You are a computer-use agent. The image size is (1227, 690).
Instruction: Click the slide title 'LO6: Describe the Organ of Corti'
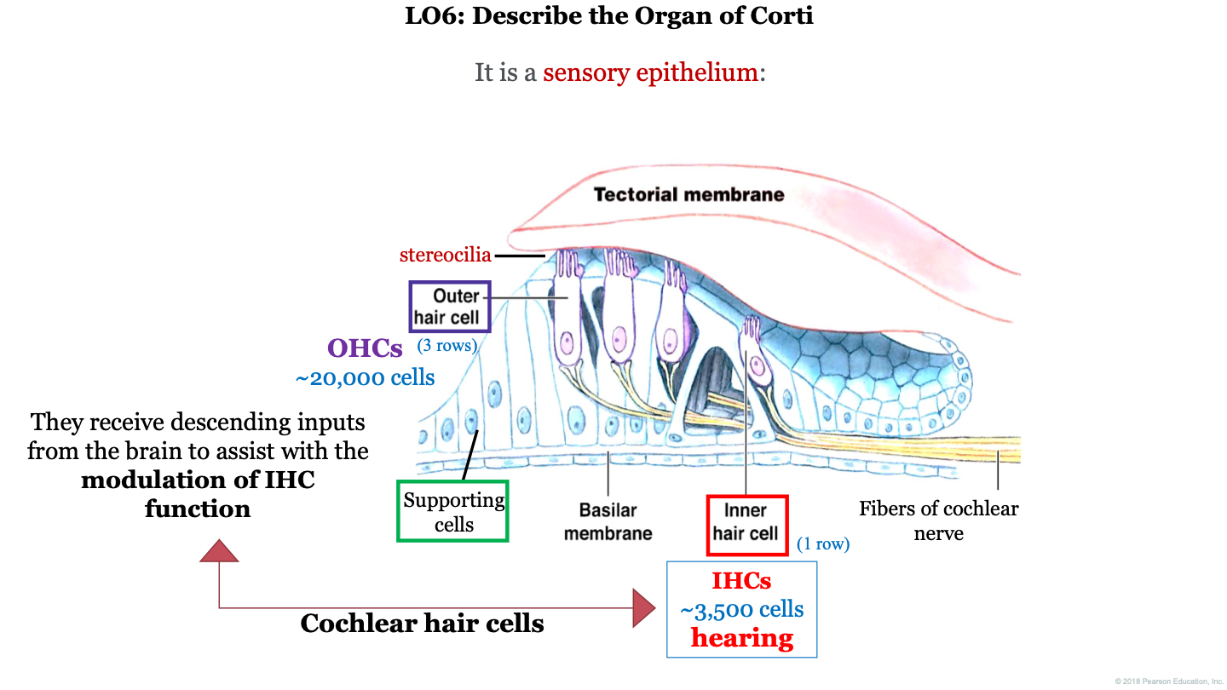[609, 16]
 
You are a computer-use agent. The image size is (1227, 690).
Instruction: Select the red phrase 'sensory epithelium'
[650, 72]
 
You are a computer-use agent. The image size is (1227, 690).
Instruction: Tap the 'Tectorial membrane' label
[688, 194]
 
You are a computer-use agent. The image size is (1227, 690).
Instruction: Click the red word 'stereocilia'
[445, 255]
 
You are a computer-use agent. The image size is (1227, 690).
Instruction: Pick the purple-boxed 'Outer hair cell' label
[449, 307]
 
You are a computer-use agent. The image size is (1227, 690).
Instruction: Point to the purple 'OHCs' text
[365, 348]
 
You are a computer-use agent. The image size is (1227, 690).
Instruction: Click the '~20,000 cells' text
[365, 377]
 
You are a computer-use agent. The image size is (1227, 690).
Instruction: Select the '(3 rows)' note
[446, 346]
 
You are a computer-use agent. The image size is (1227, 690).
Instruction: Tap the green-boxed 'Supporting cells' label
[453, 511]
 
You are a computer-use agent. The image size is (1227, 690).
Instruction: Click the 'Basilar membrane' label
[608, 521]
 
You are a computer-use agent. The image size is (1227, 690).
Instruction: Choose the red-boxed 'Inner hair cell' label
[746, 522]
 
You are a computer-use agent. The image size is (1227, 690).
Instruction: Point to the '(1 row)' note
[823, 543]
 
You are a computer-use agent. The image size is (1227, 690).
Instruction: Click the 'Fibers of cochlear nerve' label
[938, 520]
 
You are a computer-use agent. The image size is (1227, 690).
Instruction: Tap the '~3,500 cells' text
[741, 609]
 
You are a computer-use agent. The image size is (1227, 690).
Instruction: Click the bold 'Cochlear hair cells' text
[422, 623]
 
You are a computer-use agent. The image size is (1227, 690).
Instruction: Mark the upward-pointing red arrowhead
[219, 551]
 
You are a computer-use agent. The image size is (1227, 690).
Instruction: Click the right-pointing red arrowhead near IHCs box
[643, 607]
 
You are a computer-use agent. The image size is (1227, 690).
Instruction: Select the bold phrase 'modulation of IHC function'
[198, 494]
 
